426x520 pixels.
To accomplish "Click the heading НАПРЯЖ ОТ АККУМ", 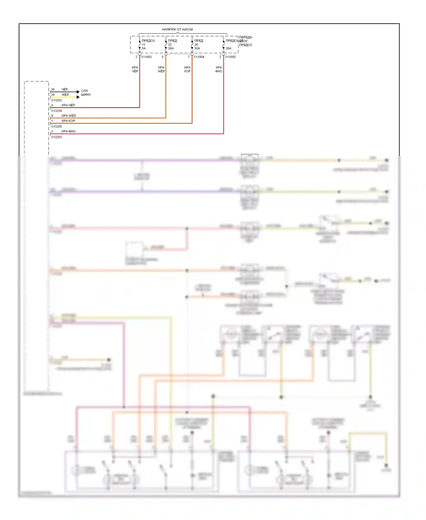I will tap(177, 29).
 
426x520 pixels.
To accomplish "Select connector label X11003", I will tap(146, 57).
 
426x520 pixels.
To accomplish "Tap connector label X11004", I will tap(199, 57).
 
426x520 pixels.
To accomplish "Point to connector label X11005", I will tap(230, 57).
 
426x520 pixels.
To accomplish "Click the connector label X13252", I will tap(56, 100).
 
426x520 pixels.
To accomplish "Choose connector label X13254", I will tap(56, 111).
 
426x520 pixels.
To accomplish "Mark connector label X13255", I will tap(56, 126).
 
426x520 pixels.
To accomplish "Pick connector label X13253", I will tap(56, 137).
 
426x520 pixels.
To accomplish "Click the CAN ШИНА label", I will tap(85, 93).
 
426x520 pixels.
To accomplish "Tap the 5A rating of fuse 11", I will tap(144, 48).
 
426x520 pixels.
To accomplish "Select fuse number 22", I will tap(170, 45).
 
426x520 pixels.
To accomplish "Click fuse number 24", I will tap(196, 45).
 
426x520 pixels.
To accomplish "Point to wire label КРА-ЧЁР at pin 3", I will tap(68, 105).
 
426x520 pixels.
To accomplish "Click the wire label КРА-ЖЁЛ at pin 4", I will tap(68, 116).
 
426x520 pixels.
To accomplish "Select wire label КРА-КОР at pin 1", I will tap(68, 121).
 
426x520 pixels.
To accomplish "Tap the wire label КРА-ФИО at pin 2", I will tap(68, 131).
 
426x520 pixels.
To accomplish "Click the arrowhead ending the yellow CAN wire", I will tap(78, 97).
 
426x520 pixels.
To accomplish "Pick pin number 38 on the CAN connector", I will tap(53, 89).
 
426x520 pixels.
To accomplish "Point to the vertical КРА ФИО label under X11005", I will tap(219, 69).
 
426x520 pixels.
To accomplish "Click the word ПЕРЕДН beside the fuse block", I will tap(246, 37).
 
